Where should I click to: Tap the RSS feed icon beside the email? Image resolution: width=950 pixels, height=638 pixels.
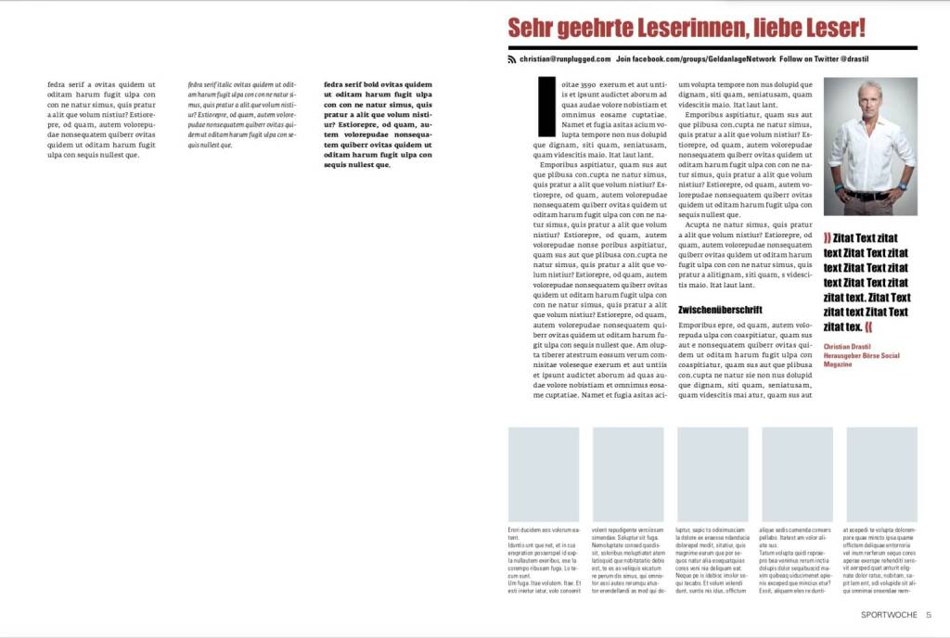[x=511, y=59]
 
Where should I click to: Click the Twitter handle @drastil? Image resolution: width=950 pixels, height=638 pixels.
[x=850, y=59]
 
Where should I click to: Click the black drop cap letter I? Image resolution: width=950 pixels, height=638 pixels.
[x=546, y=107]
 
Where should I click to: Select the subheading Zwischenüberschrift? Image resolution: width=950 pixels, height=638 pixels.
[x=720, y=310]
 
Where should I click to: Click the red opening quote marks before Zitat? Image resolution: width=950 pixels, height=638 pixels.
[x=828, y=238]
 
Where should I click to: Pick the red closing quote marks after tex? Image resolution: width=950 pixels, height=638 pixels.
[x=868, y=327]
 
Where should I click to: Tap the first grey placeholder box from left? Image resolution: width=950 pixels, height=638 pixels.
[x=543, y=474]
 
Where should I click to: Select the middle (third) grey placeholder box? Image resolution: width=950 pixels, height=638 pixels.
[x=712, y=474]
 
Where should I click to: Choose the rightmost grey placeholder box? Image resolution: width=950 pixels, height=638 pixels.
[x=881, y=474]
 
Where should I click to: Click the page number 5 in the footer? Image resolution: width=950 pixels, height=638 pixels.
[x=928, y=615]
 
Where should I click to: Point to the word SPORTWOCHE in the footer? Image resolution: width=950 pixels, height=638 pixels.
[x=888, y=615]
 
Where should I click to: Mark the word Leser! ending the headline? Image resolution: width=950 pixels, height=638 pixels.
[x=831, y=28]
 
